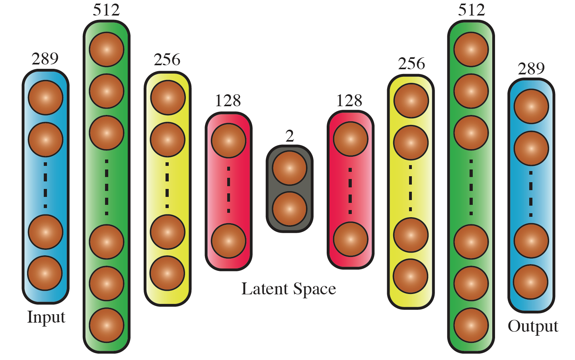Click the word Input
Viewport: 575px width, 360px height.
click(46, 317)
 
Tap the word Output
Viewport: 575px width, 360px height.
click(533, 326)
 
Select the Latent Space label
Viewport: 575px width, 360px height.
click(288, 289)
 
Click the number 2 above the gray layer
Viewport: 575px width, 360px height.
click(290, 136)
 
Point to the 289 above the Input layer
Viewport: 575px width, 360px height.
click(45, 59)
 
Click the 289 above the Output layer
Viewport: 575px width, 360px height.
click(531, 69)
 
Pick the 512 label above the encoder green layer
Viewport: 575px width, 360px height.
click(106, 10)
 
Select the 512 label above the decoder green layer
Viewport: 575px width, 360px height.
click(471, 10)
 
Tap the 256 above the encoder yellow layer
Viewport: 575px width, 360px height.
click(167, 60)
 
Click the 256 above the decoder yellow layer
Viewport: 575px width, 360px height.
click(411, 64)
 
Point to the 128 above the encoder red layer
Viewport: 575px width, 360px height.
click(228, 101)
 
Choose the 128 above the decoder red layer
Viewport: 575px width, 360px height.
click(349, 101)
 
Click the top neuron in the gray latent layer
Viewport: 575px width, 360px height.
click(290, 168)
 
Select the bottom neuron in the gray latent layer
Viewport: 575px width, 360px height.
click(290, 209)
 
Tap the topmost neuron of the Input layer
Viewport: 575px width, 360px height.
click(46, 97)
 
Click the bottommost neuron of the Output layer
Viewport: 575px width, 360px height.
click(531, 282)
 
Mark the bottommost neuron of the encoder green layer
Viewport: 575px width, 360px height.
click(107, 325)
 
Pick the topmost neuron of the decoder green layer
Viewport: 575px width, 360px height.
click(471, 50)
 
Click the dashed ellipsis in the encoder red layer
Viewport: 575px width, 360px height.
click(229, 190)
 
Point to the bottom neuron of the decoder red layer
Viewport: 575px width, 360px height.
click(351, 239)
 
